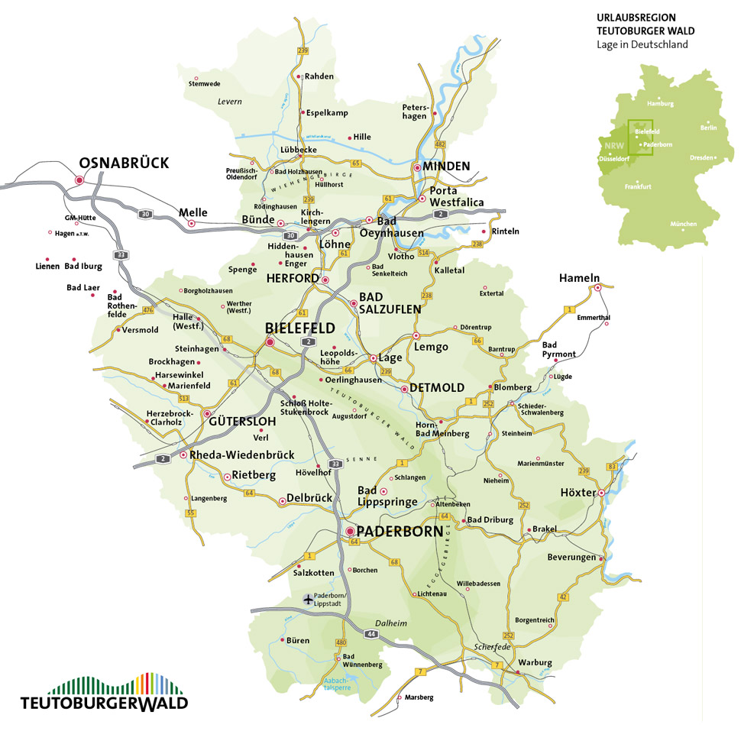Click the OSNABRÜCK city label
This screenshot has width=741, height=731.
(x=124, y=163)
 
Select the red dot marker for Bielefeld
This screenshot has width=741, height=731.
(x=270, y=343)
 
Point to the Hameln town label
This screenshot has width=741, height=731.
(x=579, y=278)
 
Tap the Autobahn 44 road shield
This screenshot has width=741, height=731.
(x=372, y=634)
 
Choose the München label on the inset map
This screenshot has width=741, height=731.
(x=683, y=224)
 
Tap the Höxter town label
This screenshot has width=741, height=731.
(x=578, y=493)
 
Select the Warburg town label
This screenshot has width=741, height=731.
(x=535, y=662)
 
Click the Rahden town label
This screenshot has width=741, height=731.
(x=319, y=76)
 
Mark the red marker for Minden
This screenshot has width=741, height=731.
(x=417, y=167)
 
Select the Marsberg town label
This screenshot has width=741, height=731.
(x=419, y=697)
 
